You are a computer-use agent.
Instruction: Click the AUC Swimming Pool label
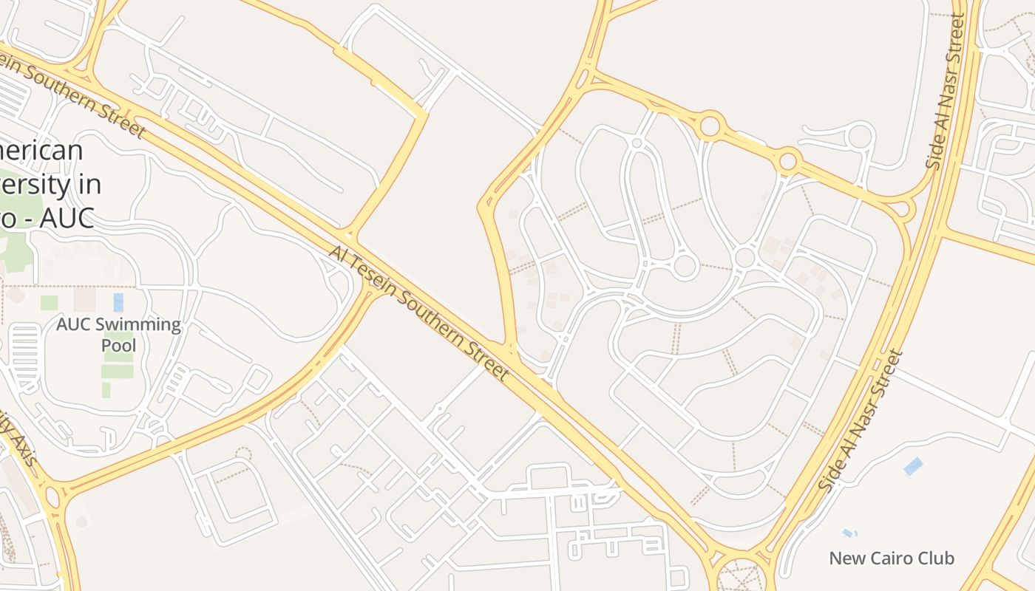coord(118,335)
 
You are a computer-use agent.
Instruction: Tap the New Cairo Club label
coord(892,558)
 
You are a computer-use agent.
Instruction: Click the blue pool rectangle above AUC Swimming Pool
coord(118,302)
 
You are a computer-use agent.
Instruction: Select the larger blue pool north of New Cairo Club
coord(913,466)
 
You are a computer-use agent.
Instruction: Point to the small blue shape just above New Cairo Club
coord(849,533)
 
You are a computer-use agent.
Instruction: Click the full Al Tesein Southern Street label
coord(419,313)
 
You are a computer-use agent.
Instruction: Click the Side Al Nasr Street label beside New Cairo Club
coord(861,421)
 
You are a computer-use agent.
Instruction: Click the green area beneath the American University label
coord(15,244)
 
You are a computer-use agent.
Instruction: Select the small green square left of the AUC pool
coord(50,303)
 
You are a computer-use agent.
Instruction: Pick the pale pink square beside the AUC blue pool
coord(85,299)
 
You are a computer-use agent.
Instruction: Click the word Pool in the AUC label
coord(118,346)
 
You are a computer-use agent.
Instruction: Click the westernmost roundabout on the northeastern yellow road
coord(710,125)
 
